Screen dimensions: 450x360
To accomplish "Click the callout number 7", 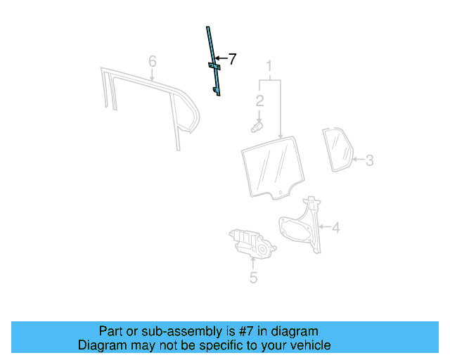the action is (231, 59).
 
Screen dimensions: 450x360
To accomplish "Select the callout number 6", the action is (153, 61).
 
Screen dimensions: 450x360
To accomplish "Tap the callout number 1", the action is (269, 66).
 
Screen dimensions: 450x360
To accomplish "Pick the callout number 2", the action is (259, 101).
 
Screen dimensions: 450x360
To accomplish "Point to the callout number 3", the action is (370, 160).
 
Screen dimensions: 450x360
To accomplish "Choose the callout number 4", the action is (336, 227).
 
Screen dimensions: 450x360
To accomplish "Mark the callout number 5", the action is (253, 278).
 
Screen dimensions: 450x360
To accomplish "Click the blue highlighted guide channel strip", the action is (214, 61).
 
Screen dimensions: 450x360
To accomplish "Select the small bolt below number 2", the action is (257, 127).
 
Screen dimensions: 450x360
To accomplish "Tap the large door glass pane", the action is (273, 168).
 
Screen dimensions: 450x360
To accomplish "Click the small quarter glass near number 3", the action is (337, 150).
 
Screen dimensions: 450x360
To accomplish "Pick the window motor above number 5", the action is (252, 243).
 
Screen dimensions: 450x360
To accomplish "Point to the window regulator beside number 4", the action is (301, 224).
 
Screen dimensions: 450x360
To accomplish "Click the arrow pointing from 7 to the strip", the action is (221, 58).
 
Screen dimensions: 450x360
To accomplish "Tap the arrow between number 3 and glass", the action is (359, 159).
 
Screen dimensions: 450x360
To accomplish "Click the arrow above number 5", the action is (253, 263).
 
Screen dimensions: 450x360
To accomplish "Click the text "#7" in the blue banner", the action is (246, 331).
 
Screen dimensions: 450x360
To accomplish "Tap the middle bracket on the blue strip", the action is (214, 66).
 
